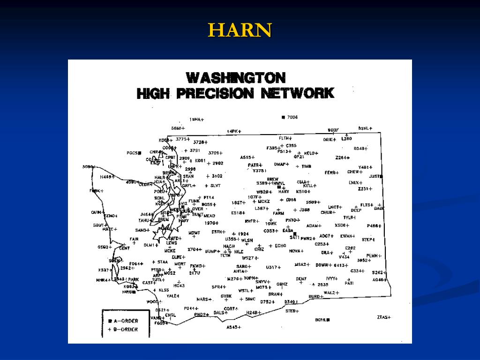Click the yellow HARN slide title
[x=240, y=31]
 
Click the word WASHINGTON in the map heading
[x=236, y=77]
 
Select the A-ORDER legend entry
[x=123, y=321]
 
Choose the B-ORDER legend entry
[x=123, y=330]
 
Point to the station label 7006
[x=292, y=117]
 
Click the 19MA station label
[x=195, y=120]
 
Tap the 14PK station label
[x=232, y=132]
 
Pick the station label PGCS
[x=132, y=153]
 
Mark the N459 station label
[x=106, y=177]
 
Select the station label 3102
[x=217, y=176]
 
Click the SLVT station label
[x=215, y=186]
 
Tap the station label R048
[x=360, y=149]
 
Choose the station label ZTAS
[x=382, y=317]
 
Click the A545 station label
[x=232, y=327]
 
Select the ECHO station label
[x=280, y=246]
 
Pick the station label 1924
[x=243, y=234]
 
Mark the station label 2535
[x=322, y=285]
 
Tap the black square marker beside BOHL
[x=328, y=320]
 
